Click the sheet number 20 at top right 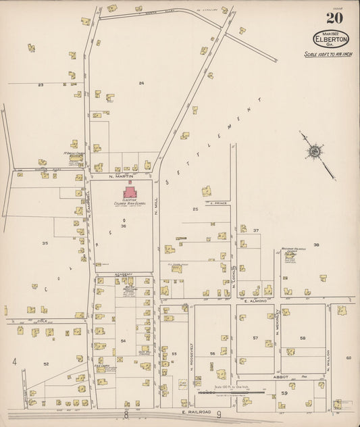[334, 19]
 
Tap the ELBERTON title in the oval [330, 39]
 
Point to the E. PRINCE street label [219, 202]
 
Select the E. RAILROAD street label [194, 411]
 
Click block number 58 [303, 337]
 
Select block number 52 [47, 364]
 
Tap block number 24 [141, 83]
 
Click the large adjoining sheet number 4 [14, 362]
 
